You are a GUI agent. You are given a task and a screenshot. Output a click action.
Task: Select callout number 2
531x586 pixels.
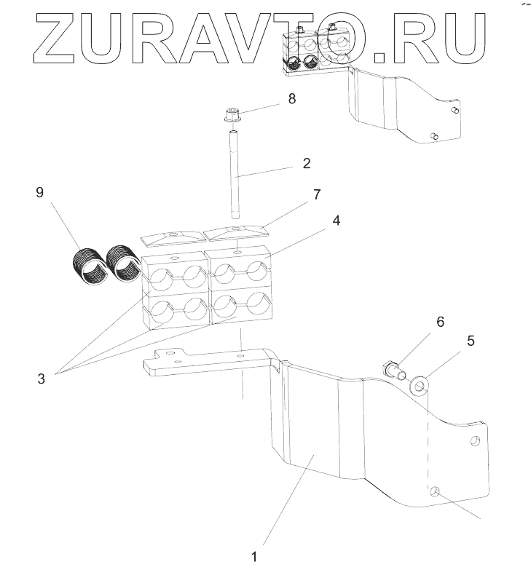306,162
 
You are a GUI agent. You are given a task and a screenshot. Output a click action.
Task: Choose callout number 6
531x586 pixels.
441,321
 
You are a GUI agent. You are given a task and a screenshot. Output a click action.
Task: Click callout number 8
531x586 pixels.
292,98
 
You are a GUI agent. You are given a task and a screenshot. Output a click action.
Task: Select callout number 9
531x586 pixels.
41,192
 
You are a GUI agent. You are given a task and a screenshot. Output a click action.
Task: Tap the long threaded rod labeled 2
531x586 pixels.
235,175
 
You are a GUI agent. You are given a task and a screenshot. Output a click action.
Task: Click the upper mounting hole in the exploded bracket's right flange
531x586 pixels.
474,442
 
